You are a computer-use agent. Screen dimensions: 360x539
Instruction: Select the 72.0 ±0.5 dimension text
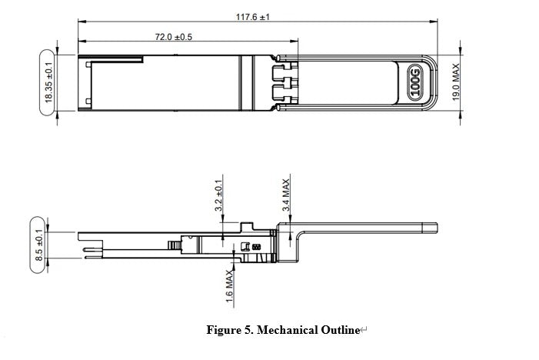[x=174, y=37]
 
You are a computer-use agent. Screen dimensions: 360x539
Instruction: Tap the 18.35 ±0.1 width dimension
[x=48, y=83]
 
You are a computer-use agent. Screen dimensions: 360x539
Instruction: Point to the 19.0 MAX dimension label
[x=455, y=83]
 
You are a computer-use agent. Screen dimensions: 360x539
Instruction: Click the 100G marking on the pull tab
[x=415, y=83]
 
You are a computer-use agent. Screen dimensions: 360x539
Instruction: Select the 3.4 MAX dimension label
[x=286, y=195]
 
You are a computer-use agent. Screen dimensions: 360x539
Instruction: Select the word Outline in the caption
[x=338, y=331]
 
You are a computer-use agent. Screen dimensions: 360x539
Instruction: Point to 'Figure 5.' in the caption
[x=229, y=331]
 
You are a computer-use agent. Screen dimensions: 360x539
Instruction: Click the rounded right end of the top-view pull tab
[x=436, y=83]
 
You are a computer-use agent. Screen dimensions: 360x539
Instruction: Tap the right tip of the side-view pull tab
[x=436, y=227]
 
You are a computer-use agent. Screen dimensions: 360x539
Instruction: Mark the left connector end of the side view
[x=81, y=245]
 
